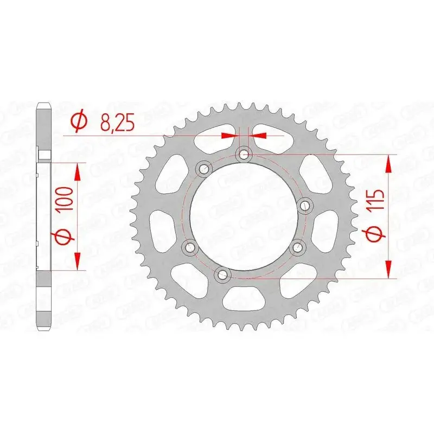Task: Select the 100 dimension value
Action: click(x=65, y=199)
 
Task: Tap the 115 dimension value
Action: click(x=376, y=199)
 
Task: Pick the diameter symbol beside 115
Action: click(x=376, y=233)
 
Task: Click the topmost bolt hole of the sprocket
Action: click(x=244, y=155)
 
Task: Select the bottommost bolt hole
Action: click(x=224, y=275)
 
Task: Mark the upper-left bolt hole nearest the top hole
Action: click(x=205, y=168)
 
